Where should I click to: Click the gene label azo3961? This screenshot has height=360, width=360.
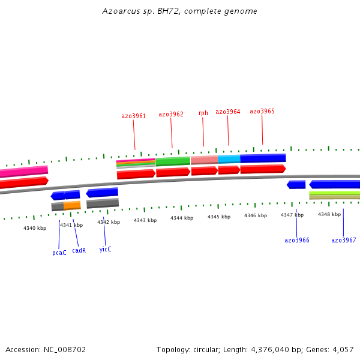(x=133, y=116)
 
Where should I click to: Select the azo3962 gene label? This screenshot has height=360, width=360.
(x=171, y=114)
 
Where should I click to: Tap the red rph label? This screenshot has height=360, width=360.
(x=203, y=113)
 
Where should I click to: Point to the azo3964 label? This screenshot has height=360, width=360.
(x=228, y=112)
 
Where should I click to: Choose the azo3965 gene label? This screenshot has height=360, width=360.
(x=262, y=111)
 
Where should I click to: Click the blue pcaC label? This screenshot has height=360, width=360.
(x=59, y=253)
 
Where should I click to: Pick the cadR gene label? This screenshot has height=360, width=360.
(x=79, y=250)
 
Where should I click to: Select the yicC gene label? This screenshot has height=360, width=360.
(x=105, y=249)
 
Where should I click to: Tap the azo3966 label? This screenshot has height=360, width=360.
(x=297, y=240)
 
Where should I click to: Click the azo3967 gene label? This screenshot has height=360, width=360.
(x=344, y=240)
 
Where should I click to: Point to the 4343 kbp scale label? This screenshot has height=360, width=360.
(x=145, y=220)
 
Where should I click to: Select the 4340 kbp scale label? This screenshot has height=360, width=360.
(x=35, y=228)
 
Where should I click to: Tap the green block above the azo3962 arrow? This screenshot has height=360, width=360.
(x=173, y=161)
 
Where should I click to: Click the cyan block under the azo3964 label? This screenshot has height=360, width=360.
(x=229, y=159)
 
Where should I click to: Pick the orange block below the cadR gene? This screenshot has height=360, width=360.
(x=72, y=205)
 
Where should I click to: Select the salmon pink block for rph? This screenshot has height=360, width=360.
(x=204, y=160)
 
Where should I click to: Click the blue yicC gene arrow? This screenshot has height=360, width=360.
(x=102, y=193)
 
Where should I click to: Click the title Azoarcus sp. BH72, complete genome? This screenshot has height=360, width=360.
(x=180, y=11)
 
